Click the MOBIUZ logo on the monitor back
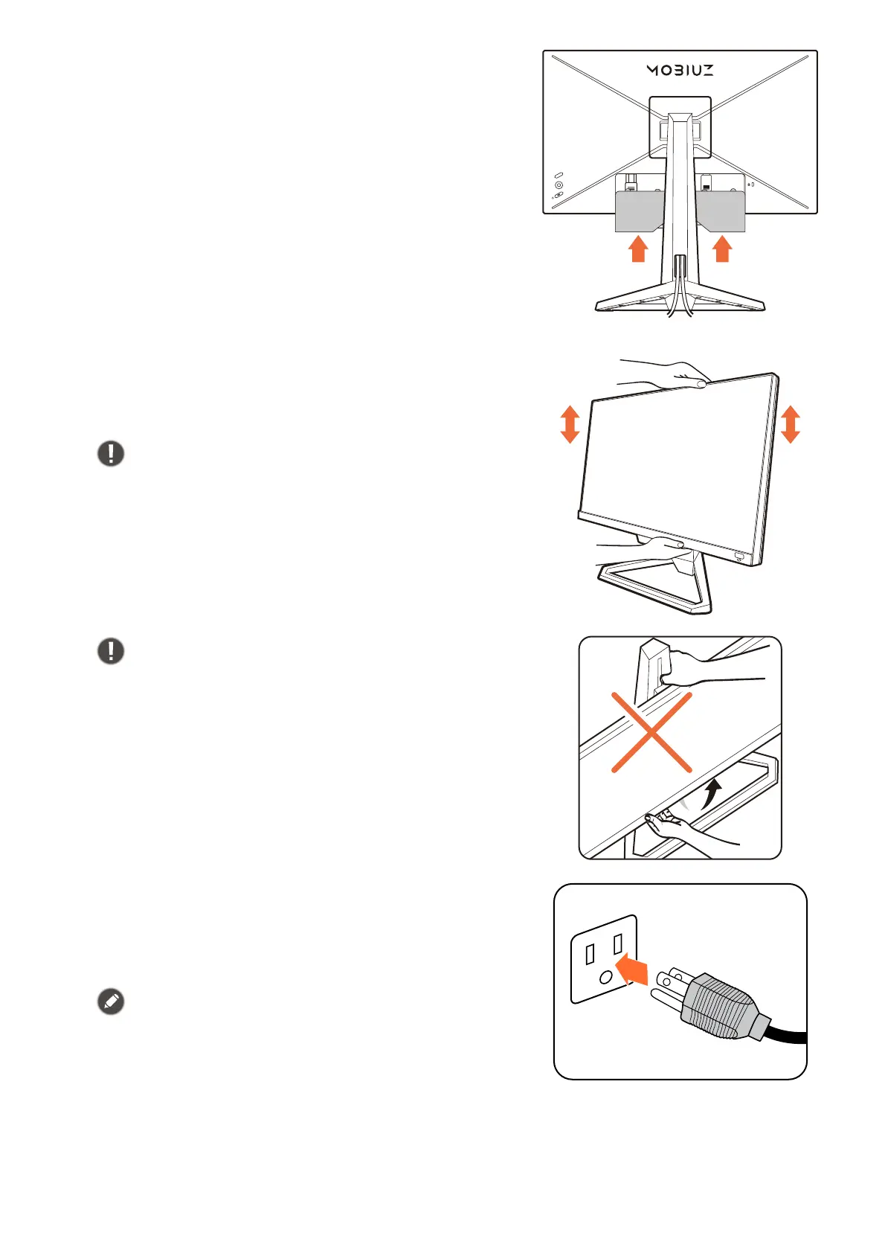point(680,70)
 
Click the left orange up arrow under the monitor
point(638,249)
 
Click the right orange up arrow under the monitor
point(722,249)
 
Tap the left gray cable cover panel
point(640,211)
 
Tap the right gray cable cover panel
point(721,211)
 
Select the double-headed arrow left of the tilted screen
point(570,424)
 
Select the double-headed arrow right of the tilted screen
point(790,424)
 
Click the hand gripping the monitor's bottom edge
point(643,548)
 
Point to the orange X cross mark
point(652,732)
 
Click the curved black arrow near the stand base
point(711,794)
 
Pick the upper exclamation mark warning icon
point(111,453)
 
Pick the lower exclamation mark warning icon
point(111,651)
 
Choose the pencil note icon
point(111,1002)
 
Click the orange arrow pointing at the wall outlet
point(631,968)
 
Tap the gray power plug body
point(718,1006)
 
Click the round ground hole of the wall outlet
point(605,977)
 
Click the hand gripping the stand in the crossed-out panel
point(710,668)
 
